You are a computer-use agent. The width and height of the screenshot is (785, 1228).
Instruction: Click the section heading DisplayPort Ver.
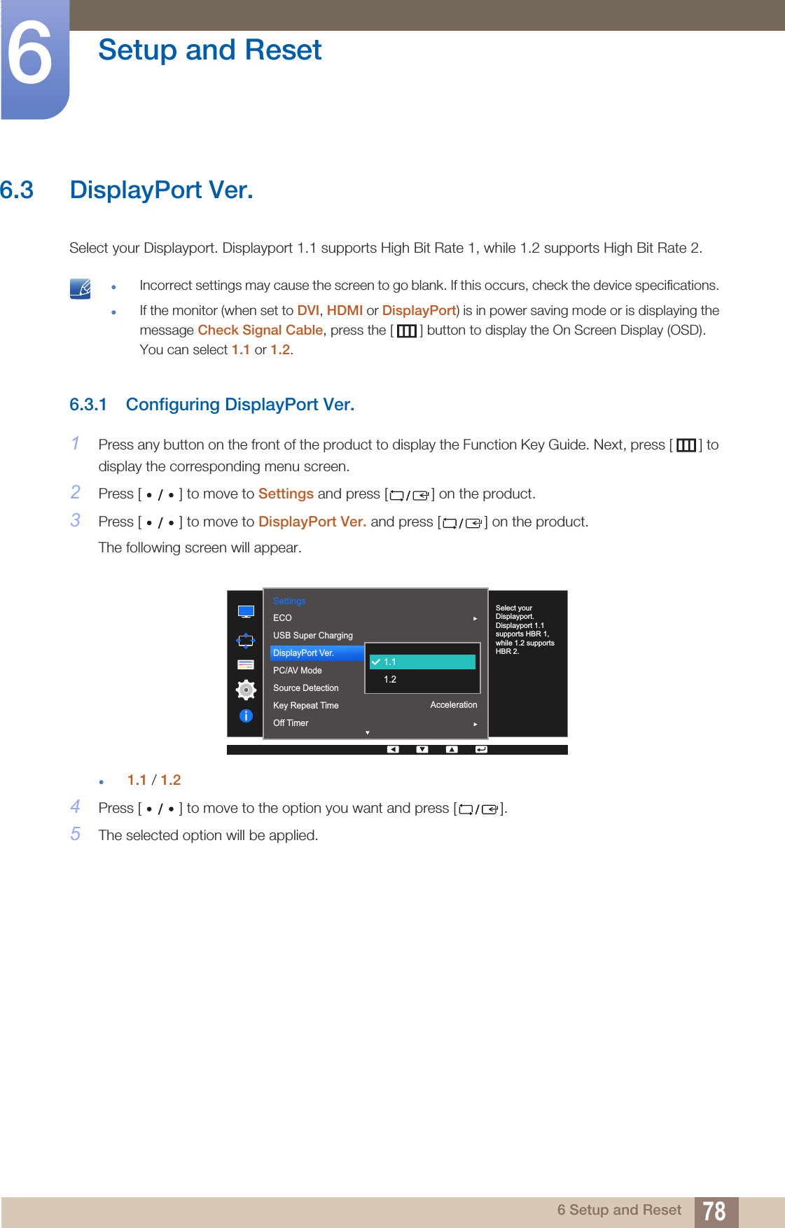click(x=161, y=190)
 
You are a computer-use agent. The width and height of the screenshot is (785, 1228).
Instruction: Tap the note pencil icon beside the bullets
click(x=81, y=288)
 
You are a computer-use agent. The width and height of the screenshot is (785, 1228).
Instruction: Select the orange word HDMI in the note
click(x=345, y=310)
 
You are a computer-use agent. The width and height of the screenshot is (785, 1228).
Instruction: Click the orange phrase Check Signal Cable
click(x=260, y=330)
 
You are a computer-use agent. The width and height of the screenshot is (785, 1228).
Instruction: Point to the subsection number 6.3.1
click(x=88, y=405)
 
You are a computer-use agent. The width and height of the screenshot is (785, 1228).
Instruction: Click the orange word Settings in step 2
click(x=286, y=494)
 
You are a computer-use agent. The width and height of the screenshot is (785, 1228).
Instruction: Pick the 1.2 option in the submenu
click(x=391, y=679)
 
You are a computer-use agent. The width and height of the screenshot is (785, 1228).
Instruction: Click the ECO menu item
click(x=283, y=618)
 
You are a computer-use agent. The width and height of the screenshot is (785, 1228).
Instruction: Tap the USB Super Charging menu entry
click(x=313, y=635)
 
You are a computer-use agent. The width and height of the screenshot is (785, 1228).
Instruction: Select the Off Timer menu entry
click(x=291, y=723)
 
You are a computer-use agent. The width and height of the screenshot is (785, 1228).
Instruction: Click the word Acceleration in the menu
click(x=453, y=705)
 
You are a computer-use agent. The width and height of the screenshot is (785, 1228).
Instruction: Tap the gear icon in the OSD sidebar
click(x=246, y=690)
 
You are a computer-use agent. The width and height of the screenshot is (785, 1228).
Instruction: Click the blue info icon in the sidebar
click(x=246, y=716)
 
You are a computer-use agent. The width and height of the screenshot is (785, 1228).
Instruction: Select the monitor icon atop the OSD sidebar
click(x=246, y=612)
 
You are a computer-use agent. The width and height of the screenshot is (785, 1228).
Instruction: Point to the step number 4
click(x=76, y=807)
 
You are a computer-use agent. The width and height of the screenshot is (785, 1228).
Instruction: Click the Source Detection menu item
click(x=306, y=688)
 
